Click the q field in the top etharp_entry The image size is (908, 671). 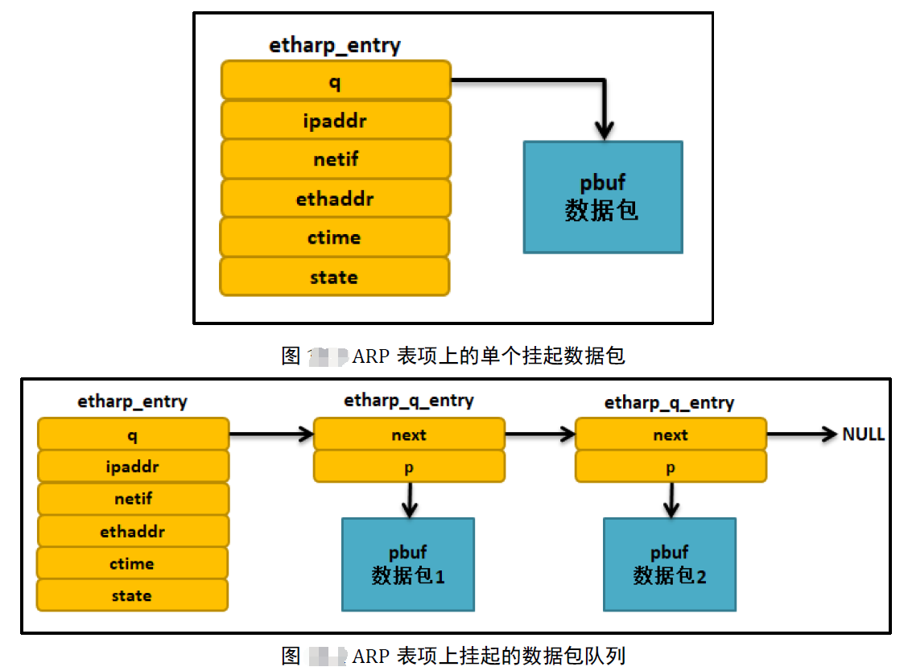coord(335,81)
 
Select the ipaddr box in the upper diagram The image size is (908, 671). coord(335,121)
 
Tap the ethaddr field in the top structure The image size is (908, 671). coord(335,199)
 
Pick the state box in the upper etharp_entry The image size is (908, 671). coord(335,277)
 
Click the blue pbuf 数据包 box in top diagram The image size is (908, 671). coord(602,197)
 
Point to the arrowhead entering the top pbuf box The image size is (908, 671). coord(603,130)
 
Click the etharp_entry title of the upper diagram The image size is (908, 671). coord(334,45)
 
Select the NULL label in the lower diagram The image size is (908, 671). coord(863,434)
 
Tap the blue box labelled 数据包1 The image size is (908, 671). coord(408,564)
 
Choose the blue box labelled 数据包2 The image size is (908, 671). coord(669,564)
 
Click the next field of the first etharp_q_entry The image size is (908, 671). coord(409,434)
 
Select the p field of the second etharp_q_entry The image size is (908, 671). coord(671,467)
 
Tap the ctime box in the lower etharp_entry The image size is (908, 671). coord(132,563)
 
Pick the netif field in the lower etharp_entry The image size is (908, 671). coord(133,499)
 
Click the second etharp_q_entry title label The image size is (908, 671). coord(669,402)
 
